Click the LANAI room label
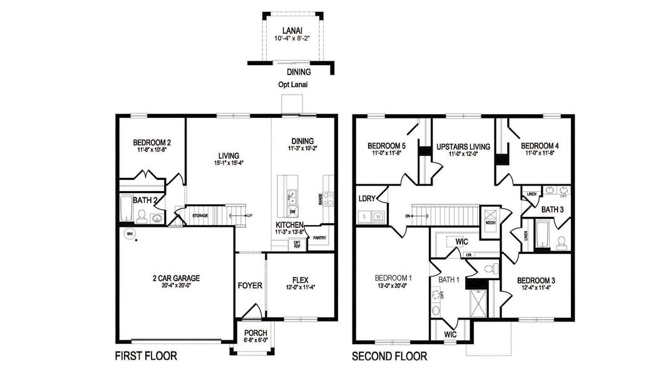(291, 29)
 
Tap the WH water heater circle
(130, 234)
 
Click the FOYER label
(250, 286)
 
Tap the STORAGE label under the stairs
(200, 216)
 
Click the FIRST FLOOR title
(146, 357)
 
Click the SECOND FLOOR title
(389, 357)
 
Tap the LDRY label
(367, 199)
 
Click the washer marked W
(378, 217)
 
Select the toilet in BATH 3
(562, 241)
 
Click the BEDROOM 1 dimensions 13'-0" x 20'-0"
(393, 285)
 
